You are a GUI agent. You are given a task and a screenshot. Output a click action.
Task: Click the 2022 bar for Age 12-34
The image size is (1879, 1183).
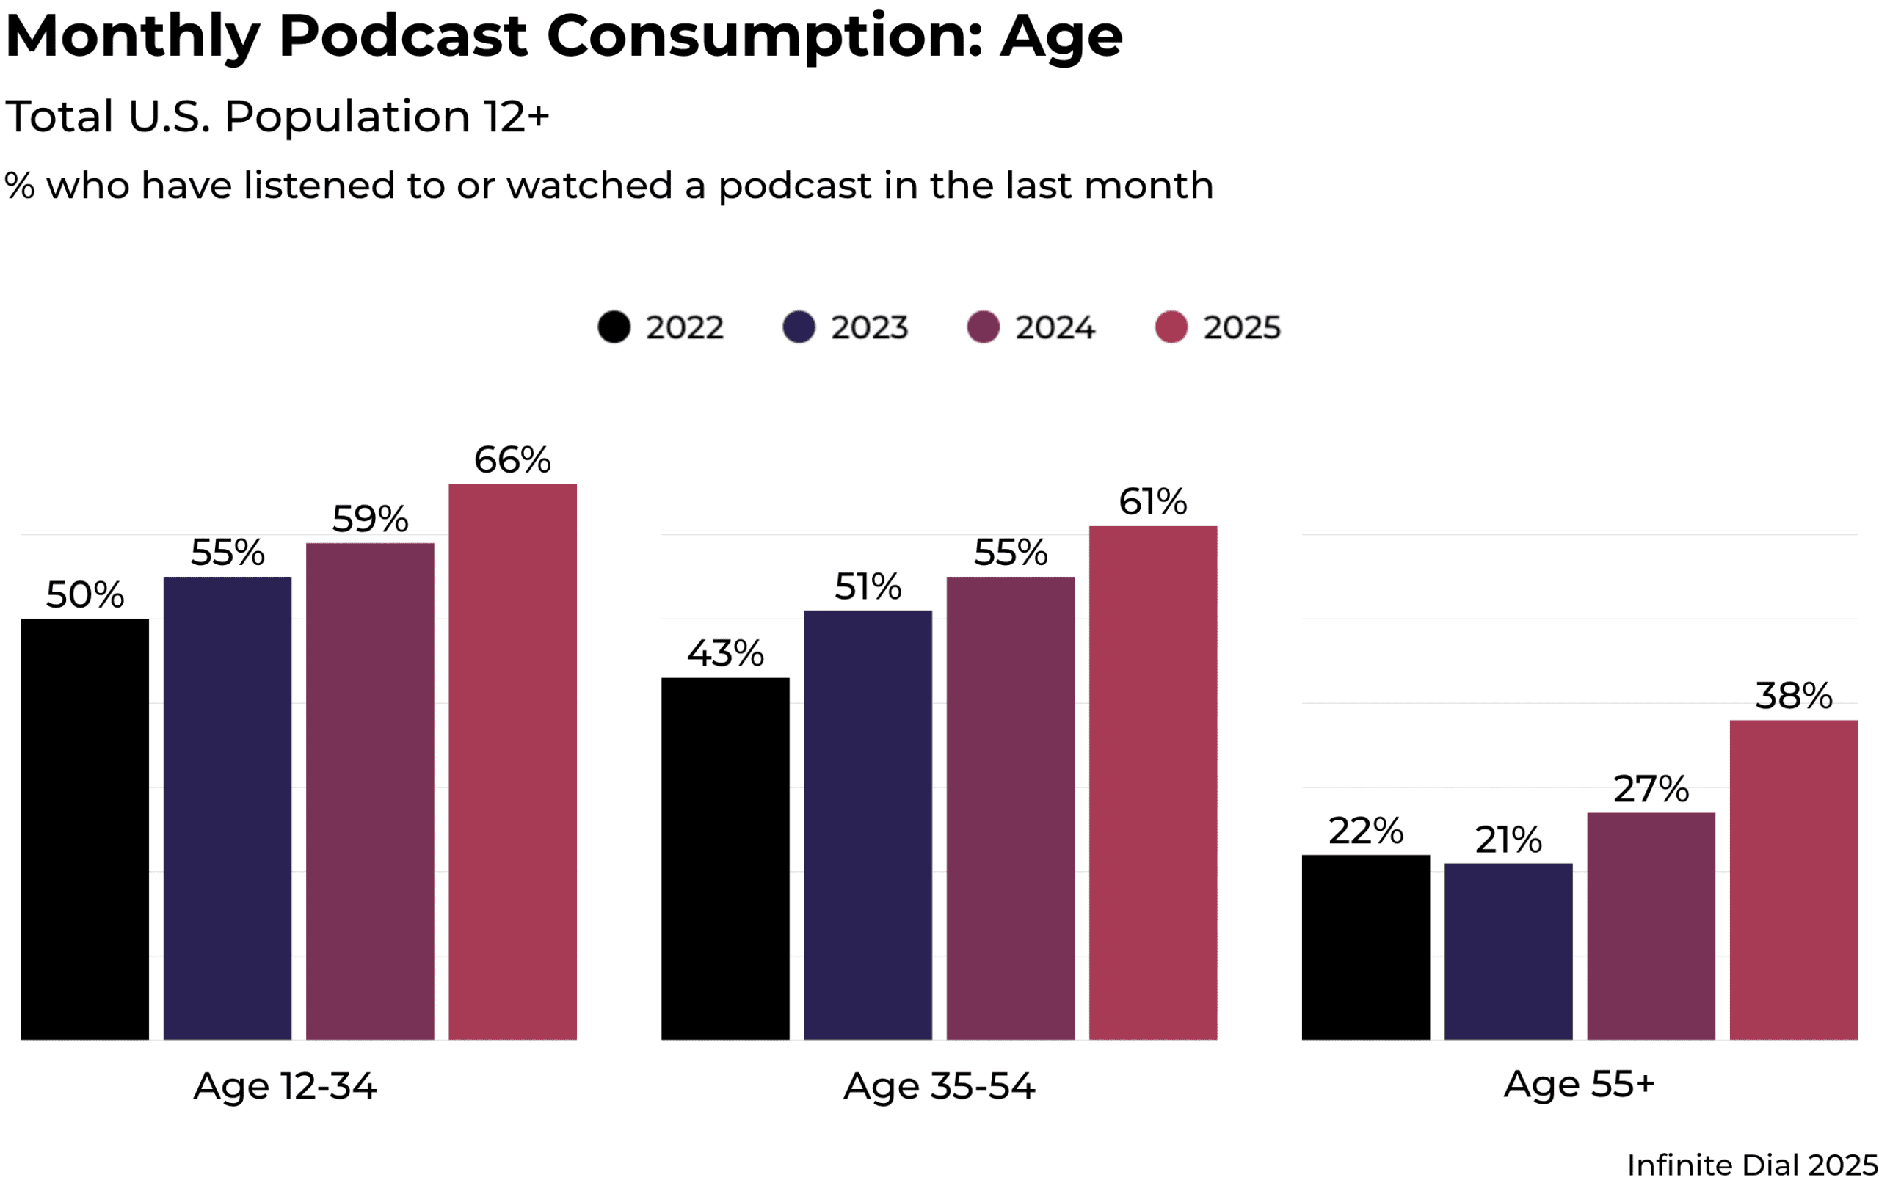pyautogui.click(x=84, y=829)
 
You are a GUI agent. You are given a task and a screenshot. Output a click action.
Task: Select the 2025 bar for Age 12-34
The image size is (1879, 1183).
pyautogui.click(x=512, y=762)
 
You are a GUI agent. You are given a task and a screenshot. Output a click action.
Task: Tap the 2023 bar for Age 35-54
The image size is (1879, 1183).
pyautogui.click(x=868, y=825)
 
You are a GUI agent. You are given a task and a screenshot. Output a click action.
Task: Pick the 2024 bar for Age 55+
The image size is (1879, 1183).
pyautogui.click(x=1651, y=926)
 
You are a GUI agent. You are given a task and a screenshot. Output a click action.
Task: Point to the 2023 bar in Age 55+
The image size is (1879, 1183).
pyautogui.click(x=1508, y=951)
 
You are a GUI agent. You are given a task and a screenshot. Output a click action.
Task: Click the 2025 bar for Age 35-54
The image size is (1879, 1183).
pyautogui.click(x=1152, y=783)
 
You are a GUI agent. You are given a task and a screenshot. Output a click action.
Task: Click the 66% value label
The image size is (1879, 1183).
pyautogui.click(x=512, y=459)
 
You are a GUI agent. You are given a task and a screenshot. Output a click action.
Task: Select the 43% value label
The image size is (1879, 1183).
pyautogui.click(x=725, y=653)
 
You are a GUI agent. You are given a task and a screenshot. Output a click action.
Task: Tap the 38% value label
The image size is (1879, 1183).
pyautogui.click(x=1793, y=695)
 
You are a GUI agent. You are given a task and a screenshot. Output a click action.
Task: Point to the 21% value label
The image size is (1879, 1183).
pyautogui.click(x=1508, y=840)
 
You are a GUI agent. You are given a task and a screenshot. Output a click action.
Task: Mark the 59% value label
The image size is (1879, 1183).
pyautogui.click(x=370, y=519)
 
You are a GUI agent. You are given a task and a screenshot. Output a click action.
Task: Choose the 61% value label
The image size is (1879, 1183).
pyautogui.click(x=1152, y=502)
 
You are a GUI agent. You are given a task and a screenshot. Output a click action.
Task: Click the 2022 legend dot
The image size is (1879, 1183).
pyautogui.click(x=614, y=327)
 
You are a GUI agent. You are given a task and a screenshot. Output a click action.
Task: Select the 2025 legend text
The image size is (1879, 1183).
pyautogui.click(x=1241, y=328)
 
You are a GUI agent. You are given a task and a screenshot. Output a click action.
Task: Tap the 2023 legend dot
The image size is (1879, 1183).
pyautogui.click(x=799, y=327)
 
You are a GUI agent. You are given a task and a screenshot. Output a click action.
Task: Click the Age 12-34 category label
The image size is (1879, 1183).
pyautogui.click(x=285, y=1086)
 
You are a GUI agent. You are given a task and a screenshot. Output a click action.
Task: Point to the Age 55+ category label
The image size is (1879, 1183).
pyautogui.click(x=1579, y=1084)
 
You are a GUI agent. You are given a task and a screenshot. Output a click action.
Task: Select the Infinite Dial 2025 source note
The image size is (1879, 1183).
pyautogui.click(x=1752, y=1165)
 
